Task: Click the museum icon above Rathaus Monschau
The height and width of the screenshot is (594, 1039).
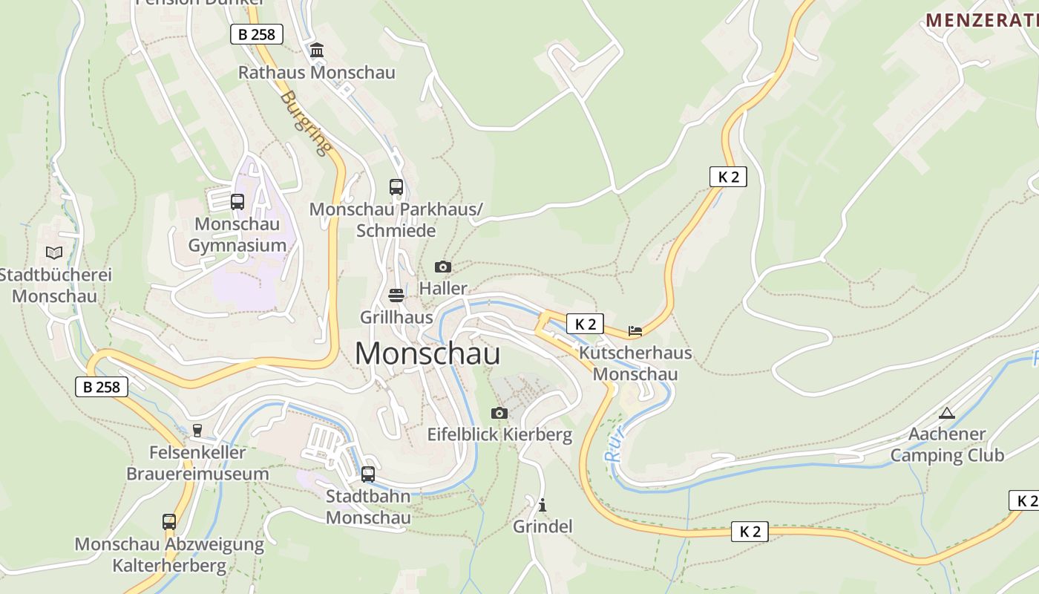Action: point(317,50)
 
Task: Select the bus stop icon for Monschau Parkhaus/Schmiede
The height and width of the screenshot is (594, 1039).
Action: point(396,187)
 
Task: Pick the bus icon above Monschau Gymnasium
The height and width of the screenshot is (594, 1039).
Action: point(237,201)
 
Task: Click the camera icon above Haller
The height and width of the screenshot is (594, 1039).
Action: point(443,267)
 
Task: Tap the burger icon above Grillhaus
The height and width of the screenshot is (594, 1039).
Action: point(396,296)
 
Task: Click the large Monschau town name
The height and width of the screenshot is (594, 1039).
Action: point(427,353)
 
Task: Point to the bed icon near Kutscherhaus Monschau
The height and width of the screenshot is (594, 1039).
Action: point(635,331)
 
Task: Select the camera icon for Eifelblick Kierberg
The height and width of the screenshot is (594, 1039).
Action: point(499,413)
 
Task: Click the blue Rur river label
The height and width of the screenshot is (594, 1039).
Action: point(615,444)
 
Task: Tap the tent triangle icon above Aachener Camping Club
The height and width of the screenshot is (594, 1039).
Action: point(946,413)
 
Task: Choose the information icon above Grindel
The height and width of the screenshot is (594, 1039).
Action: point(543,505)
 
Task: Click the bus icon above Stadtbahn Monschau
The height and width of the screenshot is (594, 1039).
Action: point(368,474)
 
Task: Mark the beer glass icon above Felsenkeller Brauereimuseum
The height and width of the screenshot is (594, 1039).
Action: point(197,430)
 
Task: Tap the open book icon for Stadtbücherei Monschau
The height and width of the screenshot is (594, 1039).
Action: point(53,252)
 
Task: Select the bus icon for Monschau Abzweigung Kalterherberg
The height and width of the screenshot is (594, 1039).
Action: point(169,522)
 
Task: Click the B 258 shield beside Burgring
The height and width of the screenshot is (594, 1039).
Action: point(257,34)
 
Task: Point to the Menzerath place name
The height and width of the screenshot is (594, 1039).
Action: point(981,20)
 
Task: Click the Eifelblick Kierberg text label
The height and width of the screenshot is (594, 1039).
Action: point(499,435)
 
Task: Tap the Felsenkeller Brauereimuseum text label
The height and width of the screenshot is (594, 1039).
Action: point(197,463)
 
